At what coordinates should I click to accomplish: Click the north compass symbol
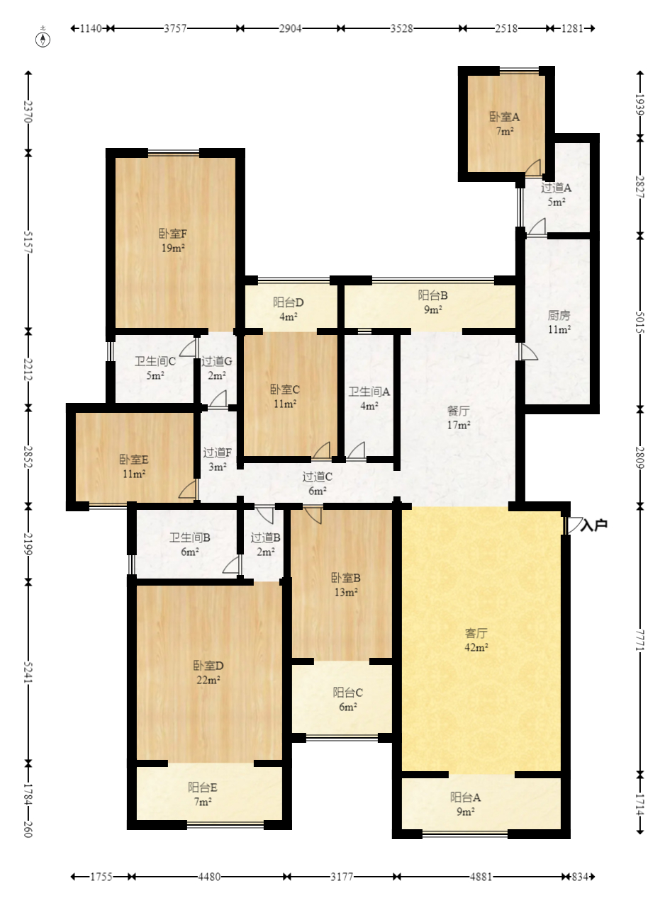(x=43, y=40)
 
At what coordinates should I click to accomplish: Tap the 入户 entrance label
(x=594, y=525)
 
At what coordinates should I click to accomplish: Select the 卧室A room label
(x=504, y=117)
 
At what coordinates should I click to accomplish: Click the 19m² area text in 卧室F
(x=173, y=248)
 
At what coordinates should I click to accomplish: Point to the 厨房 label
(x=559, y=315)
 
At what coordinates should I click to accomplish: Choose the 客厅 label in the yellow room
(x=476, y=633)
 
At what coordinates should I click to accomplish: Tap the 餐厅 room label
(x=458, y=411)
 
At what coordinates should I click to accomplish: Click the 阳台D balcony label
(x=288, y=302)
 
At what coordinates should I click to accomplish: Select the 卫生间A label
(x=369, y=392)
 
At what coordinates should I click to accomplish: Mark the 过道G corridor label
(x=217, y=361)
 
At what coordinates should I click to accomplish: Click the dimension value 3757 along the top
(x=175, y=28)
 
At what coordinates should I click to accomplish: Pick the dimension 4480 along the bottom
(x=209, y=877)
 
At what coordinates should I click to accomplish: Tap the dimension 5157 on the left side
(x=28, y=242)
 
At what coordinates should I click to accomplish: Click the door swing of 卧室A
(x=533, y=167)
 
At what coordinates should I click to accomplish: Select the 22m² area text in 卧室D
(x=208, y=680)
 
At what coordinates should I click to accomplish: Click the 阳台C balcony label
(x=347, y=693)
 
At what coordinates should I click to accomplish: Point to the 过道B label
(x=265, y=537)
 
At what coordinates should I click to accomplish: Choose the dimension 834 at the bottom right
(x=579, y=877)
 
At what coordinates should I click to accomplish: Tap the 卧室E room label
(x=134, y=460)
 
